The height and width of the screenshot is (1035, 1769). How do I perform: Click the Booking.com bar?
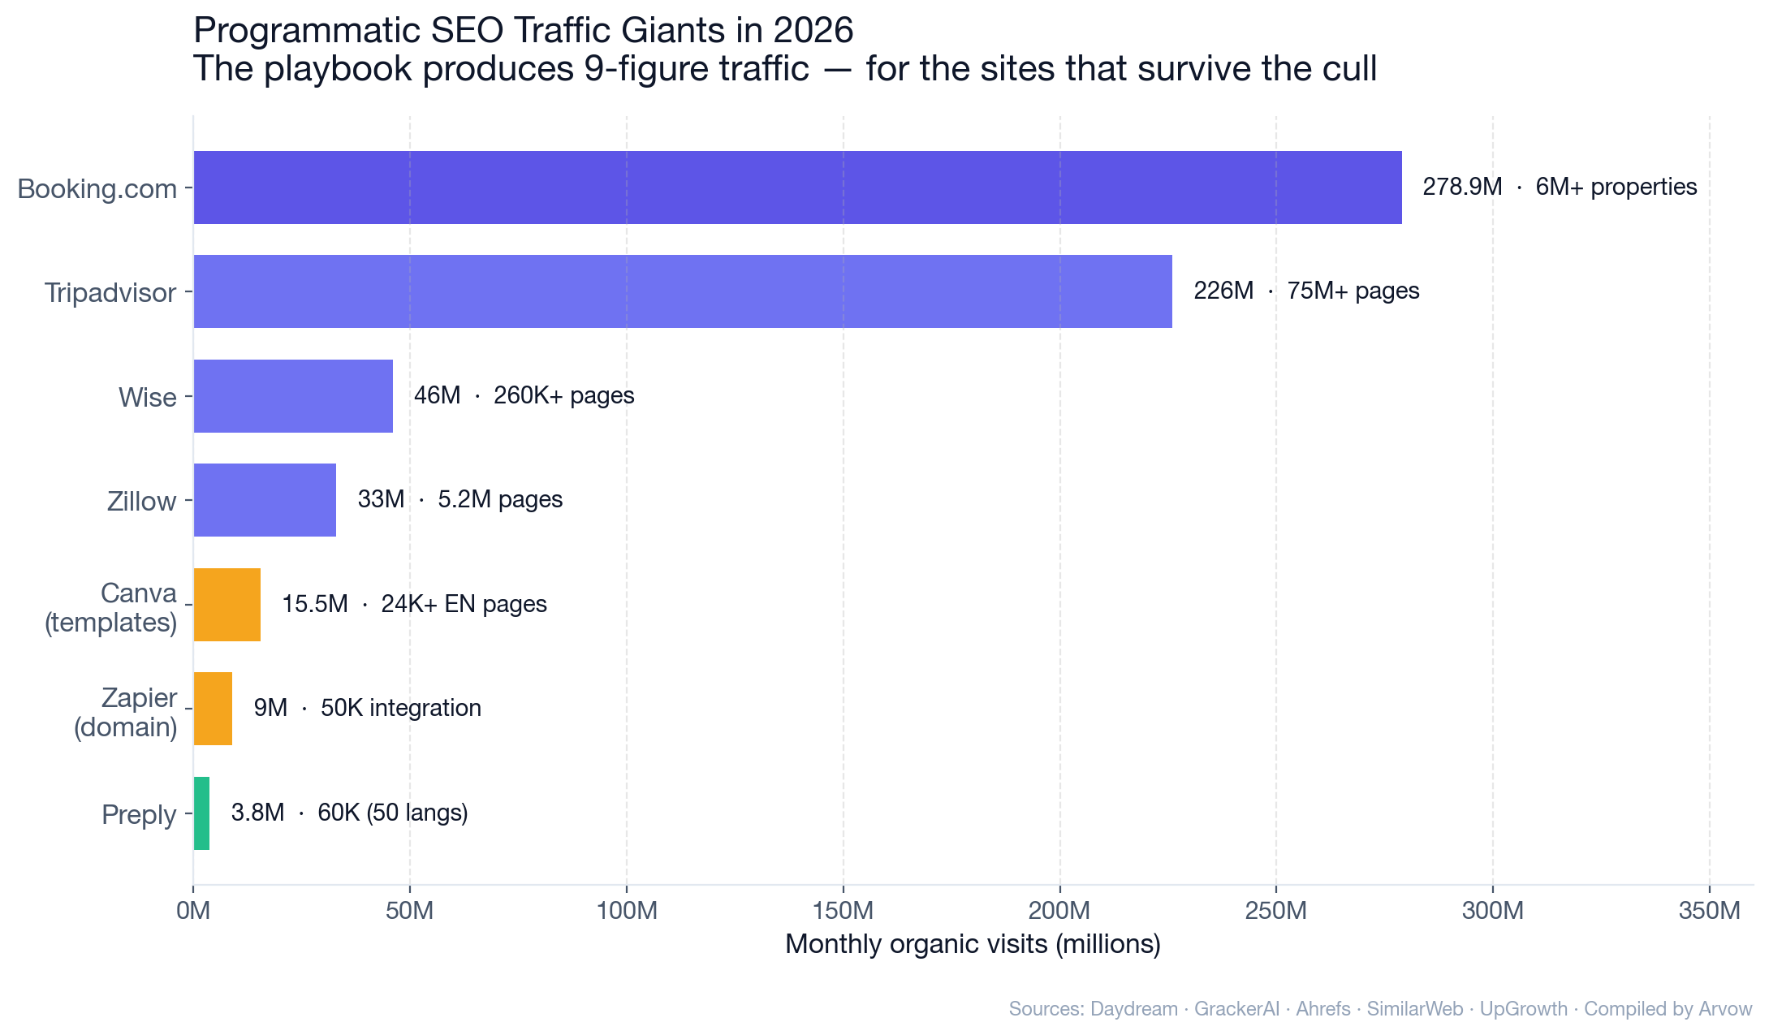point(797,188)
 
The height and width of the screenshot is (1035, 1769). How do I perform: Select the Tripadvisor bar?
point(682,291)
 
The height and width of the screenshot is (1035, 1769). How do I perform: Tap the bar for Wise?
point(293,396)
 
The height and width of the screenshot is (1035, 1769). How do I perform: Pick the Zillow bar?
point(265,500)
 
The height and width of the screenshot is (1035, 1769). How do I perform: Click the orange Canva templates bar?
point(227,605)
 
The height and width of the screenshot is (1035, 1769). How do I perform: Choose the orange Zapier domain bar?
point(213,709)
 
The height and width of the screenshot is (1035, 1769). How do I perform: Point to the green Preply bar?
point(201,813)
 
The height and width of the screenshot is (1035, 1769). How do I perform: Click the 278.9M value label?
point(1462,188)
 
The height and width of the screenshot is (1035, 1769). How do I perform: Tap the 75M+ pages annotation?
point(1353,291)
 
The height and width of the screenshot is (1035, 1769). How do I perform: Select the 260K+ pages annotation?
point(563,396)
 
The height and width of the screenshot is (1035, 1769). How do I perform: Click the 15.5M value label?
point(314,605)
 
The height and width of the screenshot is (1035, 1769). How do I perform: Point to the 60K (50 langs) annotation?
point(392,813)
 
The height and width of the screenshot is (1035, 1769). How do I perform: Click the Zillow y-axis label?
point(141,502)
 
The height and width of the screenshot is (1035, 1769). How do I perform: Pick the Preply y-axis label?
point(139,815)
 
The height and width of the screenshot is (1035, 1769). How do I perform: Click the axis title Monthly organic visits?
point(973,945)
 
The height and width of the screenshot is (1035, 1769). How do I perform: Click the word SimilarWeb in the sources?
point(1414,1010)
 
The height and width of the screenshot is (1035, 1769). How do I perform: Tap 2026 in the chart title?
point(813,31)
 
